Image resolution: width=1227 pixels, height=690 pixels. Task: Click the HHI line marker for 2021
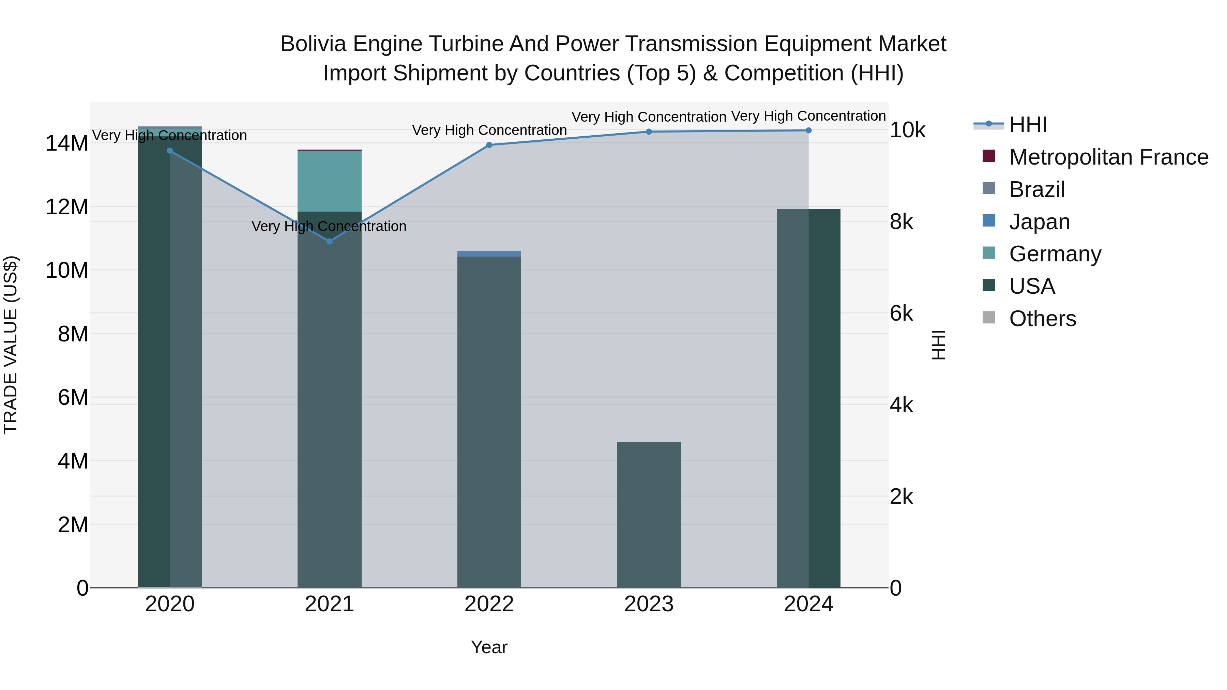pyautogui.click(x=329, y=242)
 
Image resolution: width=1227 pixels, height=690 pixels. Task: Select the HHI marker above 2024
pyautogui.click(x=808, y=131)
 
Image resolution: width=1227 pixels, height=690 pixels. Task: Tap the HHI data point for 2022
pyautogui.click(x=489, y=145)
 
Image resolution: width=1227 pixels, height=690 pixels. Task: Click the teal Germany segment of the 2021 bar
pyautogui.click(x=329, y=181)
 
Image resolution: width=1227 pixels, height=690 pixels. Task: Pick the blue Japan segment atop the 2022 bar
pyautogui.click(x=489, y=254)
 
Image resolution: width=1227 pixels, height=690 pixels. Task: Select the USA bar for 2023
pyautogui.click(x=649, y=514)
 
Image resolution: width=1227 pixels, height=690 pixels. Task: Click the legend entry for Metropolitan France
pyautogui.click(x=1108, y=157)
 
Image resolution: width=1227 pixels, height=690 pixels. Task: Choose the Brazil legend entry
pyautogui.click(x=1037, y=189)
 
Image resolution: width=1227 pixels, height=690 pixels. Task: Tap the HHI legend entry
pyautogui.click(x=1028, y=125)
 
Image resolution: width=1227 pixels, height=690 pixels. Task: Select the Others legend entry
pyautogui.click(x=1042, y=319)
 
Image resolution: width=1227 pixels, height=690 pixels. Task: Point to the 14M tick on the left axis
pyautogui.click(x=67, y=143)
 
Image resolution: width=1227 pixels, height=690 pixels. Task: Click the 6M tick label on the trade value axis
pyautogui.click(x=73, y=397)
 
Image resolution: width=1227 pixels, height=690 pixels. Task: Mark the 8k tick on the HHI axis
pyautogui.click(x=901, y=222)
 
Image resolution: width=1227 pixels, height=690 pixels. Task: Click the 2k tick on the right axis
pyautogui.click(x=901, y=497)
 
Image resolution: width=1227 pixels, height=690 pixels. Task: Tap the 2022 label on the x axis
pyautogui.click(x=489, y=604)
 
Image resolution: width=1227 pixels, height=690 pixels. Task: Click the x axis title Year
pyautogui.click(x=489, y=647)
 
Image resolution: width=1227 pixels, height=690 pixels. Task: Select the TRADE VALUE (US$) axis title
pyautogui.click(x=11, y=345)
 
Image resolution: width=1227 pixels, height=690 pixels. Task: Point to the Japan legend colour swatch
pyautogui.click(x=989, y=221)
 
